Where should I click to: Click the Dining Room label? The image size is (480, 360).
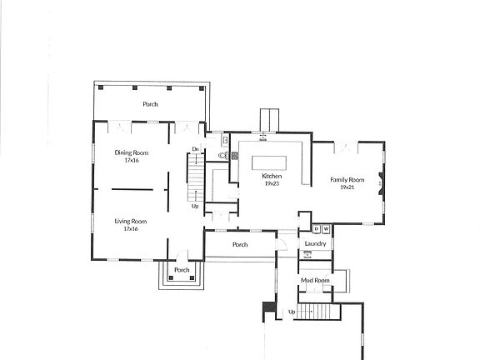(131, 152)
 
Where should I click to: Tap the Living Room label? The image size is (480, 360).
(131, 221)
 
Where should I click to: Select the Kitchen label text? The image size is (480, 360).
(272, 177)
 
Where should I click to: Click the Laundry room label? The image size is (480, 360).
(315, 243)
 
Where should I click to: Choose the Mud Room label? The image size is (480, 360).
(316, 281)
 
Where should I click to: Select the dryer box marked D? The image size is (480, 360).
(316, 227)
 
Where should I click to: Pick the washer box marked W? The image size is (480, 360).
(326, 227)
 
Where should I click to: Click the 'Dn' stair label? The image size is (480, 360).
(196, 149)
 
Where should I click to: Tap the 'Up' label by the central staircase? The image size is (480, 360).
(195, 206)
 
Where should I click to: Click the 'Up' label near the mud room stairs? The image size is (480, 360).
(292, 312)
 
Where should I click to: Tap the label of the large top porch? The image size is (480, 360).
(151, 104)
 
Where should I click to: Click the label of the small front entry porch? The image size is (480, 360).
(182, 270)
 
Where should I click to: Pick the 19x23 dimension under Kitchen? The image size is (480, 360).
(272, 184)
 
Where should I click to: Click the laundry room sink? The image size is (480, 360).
(307, 252)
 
